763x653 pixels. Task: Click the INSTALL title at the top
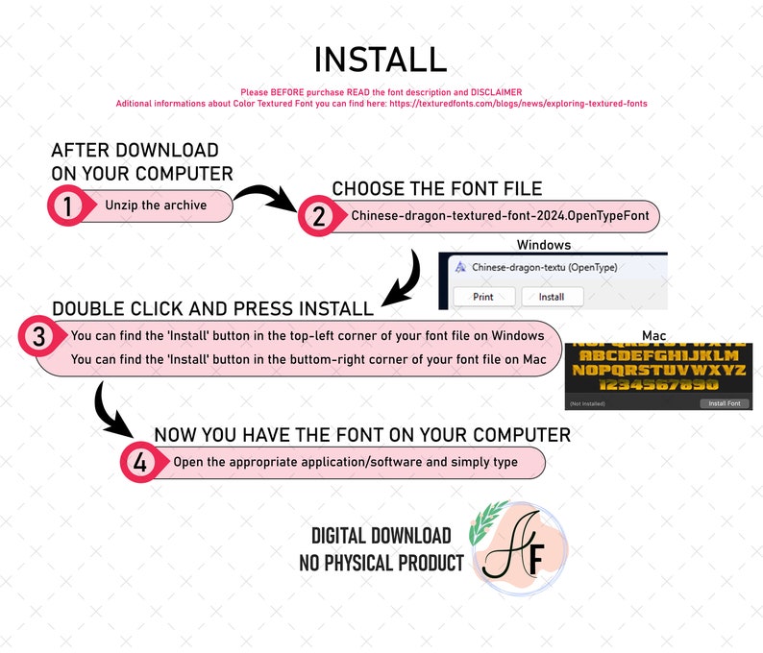381,60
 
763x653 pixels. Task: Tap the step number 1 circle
66,206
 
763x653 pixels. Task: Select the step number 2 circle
317,217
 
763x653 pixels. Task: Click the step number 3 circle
38,337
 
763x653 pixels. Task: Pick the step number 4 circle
140,463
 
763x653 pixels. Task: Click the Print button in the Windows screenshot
483,297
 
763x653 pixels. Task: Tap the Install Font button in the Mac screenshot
725,403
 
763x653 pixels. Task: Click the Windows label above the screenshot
544,246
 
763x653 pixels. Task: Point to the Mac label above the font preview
654,335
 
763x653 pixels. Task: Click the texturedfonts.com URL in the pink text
518,103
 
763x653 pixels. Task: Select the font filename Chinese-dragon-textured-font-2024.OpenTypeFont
500,217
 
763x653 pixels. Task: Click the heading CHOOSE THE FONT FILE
437,189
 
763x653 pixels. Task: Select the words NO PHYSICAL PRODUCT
381,563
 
